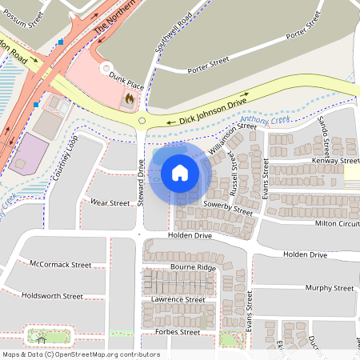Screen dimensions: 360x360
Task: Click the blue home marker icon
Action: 180,172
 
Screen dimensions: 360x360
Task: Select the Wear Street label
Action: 110,203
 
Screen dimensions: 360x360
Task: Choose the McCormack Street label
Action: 59,264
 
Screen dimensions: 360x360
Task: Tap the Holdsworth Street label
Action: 52,296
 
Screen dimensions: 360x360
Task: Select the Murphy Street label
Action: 329,288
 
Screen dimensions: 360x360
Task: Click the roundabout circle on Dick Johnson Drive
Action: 142,122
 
